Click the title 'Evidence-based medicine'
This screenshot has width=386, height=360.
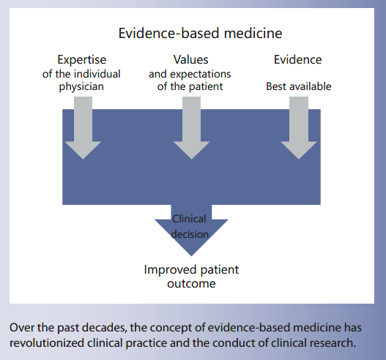pos(200,34)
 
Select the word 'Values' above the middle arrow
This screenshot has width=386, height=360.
pos(190,60)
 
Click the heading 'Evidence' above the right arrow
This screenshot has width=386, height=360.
pos(297,60)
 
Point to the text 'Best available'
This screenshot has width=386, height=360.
pos(298,86)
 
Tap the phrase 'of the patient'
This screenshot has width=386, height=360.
pos(190,87)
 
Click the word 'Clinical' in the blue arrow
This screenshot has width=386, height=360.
pos(189,218)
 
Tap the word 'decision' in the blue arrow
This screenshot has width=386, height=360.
pos(190,234)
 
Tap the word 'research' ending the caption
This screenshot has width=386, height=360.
pos(333,341)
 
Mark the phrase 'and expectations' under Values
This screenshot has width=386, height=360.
pos(190,74)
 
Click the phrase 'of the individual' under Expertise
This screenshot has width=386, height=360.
pos(82,74)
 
